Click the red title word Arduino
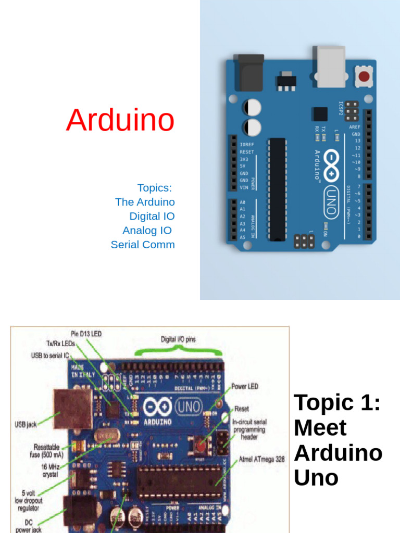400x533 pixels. (x=120, y=120)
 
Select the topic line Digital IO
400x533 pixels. (x=152, y=216)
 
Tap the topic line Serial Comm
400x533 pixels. (x=143, y=245)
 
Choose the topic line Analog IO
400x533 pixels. (x=147, y=230)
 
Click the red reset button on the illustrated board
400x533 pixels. (x=364, y=77)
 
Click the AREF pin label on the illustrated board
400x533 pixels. (x=355, y=127)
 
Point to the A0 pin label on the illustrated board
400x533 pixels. (x=243, y=202)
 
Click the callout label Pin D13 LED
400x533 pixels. (x=86, y=334)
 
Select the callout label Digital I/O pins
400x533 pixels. (x=178, y=339)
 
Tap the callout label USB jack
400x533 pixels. (x=25, y=425)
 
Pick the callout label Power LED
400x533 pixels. (x=245, y=387)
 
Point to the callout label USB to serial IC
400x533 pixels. (x=50, y=356)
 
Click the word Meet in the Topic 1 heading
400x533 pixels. (x=320, y=428)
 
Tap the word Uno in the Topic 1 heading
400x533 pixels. (x=316, y=477)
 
